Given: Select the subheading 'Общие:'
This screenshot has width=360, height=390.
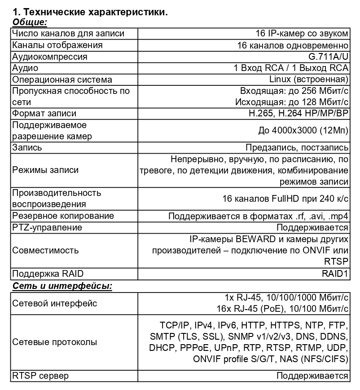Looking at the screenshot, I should pos(30,22).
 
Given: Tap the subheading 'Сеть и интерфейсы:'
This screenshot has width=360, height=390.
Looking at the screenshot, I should pos(62,286).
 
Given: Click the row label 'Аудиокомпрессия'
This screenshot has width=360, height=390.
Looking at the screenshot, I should pos(50,57).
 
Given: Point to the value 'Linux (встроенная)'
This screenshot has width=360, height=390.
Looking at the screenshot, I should pos(309,80).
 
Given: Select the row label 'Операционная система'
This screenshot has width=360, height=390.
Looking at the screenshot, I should pos(62,80).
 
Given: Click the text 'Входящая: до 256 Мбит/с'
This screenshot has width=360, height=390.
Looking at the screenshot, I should pos(294,91).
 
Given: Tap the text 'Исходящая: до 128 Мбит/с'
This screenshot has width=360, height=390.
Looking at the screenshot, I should pos(292,102).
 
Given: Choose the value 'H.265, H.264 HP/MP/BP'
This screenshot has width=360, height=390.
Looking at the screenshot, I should pos(299,113).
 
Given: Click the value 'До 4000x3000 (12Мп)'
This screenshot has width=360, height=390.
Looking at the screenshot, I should pos(303,130).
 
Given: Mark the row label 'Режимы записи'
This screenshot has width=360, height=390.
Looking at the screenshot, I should pos(45,170).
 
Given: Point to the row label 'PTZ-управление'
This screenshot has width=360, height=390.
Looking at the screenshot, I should pos(47,227).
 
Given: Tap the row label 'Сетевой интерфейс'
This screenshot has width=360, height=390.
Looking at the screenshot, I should pos(55,303).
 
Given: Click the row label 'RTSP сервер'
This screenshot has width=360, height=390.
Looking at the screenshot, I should pos(40,376).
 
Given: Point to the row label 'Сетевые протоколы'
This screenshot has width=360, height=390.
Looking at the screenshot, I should pos(55,342).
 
